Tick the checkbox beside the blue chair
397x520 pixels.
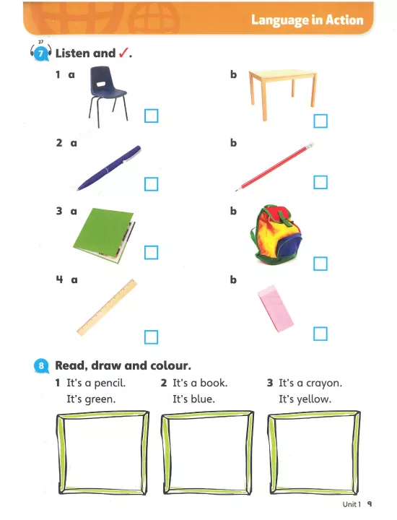pos(152,116)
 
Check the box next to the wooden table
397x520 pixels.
pos(320,121)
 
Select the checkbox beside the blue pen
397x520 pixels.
pos(152,184)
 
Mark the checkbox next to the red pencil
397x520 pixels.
pos(320,182)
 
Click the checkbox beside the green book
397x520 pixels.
pos(152,253)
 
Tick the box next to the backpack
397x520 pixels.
pos(320,264)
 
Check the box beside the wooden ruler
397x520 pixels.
pos(152,337)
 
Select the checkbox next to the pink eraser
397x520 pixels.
pos(320,334)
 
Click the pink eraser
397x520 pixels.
pos(276,308)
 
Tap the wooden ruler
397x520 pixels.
pos(107,308)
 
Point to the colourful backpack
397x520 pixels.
pos(276,235)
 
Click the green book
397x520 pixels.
pos(104,235)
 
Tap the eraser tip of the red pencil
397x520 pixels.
pos(310,145)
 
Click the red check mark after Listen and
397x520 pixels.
pos(123,53)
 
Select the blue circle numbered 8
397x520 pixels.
pos(41,365)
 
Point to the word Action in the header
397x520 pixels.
pos(344,20)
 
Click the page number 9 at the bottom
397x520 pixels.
pos(370,504)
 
